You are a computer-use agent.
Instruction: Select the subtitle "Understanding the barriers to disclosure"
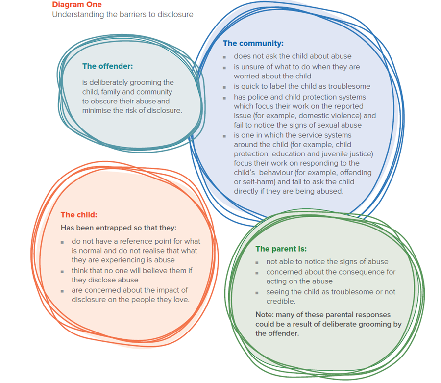click(122, 14)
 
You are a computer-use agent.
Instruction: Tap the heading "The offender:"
click(107, 66)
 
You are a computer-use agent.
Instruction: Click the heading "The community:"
click(253, 43)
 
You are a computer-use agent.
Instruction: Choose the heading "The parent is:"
click(281, 249)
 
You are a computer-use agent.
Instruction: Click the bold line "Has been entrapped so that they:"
click(118, 228)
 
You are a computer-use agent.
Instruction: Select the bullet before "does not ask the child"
click(224, 57)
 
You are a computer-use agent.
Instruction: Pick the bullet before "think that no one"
click(62, 271)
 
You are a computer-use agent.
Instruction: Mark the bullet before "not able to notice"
click(257, 262)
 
